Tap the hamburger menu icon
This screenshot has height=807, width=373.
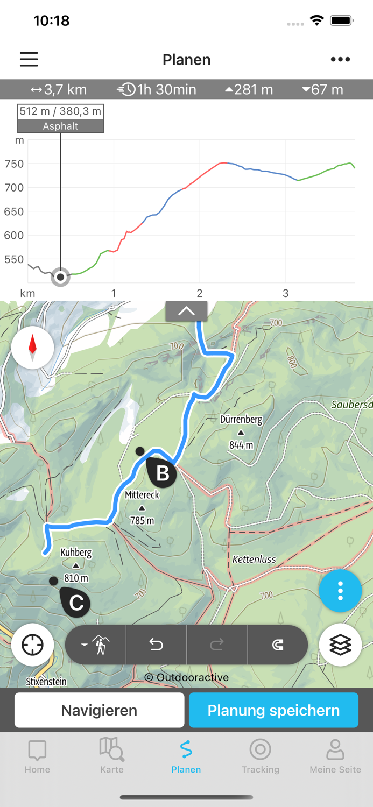pos(29,59)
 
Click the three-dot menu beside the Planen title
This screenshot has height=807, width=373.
pos(340,59)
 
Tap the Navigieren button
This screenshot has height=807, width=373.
pos(99,710)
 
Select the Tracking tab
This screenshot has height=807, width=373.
pos(261,755)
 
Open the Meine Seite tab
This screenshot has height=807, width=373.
pos(335,755)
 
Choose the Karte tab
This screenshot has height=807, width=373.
pos(112,755)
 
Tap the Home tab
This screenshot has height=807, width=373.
pos(37,755)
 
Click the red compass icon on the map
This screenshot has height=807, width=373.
pos(32,348)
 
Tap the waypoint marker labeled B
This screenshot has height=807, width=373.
pos(161,472)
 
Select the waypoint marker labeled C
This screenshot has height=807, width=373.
pos(76,602)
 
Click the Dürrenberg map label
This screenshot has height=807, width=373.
pos(241,420)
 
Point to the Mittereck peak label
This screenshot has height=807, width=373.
pos(142,495)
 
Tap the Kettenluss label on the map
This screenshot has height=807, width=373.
pos(254,560)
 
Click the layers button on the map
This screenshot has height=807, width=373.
pos(340,645)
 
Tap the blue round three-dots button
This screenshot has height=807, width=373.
pos(340,591)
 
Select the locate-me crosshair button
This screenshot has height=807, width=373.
pos(32,645)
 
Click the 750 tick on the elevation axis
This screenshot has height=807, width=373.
pos(14,164)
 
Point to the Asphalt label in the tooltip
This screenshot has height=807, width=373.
pos(60,126)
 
